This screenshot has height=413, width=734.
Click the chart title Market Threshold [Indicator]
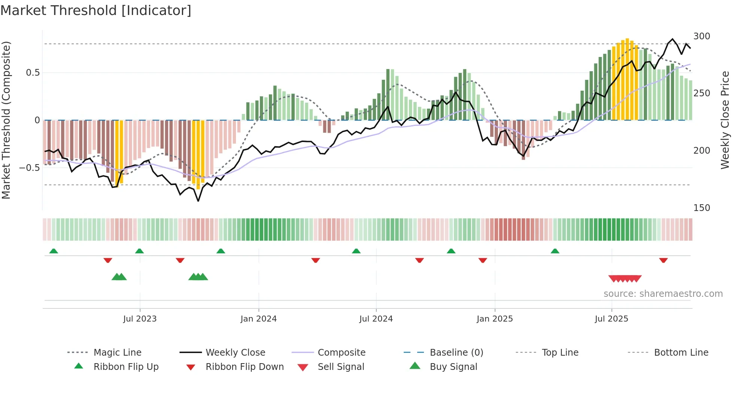96,10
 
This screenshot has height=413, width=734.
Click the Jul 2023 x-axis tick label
140,319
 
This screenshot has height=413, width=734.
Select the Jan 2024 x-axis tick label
258,319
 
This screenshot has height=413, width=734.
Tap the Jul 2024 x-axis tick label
376,319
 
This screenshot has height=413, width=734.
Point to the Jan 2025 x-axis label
495,319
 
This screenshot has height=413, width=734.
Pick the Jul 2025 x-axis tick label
612,319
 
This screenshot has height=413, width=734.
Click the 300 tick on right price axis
702,36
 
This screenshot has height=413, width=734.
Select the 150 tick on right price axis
702,208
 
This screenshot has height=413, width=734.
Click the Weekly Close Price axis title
725,120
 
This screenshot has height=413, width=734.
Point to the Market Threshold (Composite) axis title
6,120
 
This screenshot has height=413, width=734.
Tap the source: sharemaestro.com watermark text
663,294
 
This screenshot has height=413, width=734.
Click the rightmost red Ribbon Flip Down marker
663,260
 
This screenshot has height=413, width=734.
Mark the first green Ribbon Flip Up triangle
54,251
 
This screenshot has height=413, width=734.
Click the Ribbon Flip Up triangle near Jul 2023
139,251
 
